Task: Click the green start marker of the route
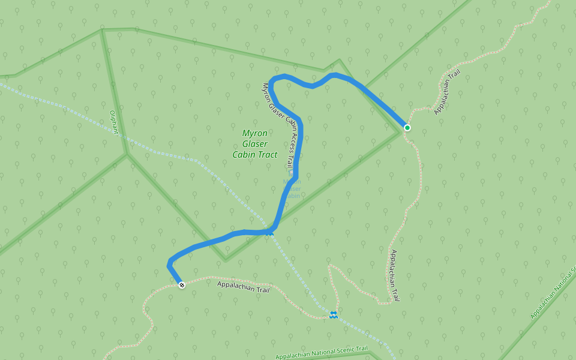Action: (407, 127)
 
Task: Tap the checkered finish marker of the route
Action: (182, 284)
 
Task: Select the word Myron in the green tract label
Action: (254, 133)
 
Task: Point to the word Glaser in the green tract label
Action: (254, 144)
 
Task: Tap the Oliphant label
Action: (114, 122)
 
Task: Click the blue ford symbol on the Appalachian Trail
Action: (333, 315)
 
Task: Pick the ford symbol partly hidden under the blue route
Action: (269, 232)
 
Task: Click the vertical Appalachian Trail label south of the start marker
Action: (394, 275)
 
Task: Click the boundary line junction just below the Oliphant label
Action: (127, 154)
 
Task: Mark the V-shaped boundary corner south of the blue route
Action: (226, 260)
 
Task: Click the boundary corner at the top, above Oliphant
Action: (103, 29)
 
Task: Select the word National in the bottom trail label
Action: (316, 354)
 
